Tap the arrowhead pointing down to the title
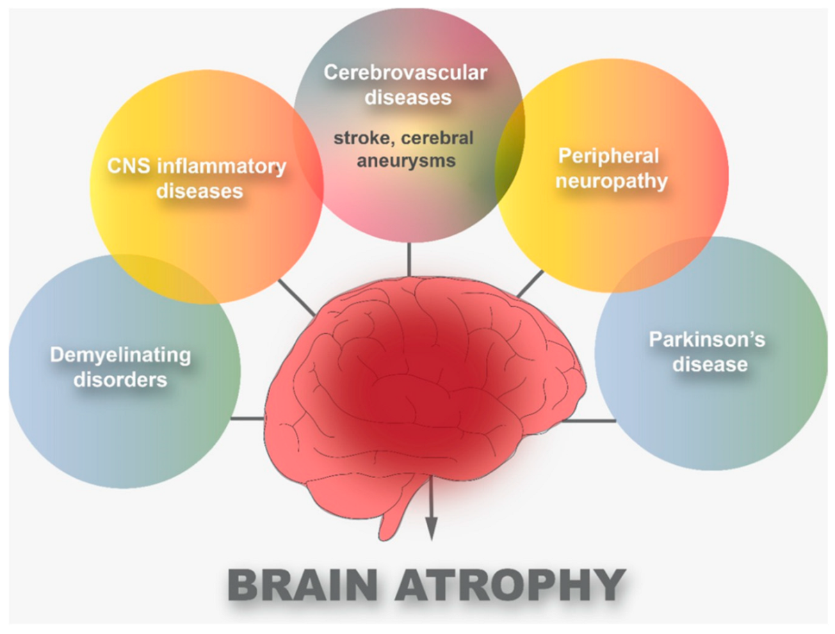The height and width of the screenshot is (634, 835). (431, 532)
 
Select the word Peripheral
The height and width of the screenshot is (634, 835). (609, 157)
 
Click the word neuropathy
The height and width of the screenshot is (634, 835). (613, 181)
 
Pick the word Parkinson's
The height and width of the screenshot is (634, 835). (707, 340)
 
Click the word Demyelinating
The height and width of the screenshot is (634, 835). (120, 356)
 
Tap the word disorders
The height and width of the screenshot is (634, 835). (122, 380)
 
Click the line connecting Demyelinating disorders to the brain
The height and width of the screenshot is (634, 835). (247, 418)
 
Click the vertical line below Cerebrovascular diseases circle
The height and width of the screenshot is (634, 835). (409, 259)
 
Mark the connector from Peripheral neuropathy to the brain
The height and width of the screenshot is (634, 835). (530, 284)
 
